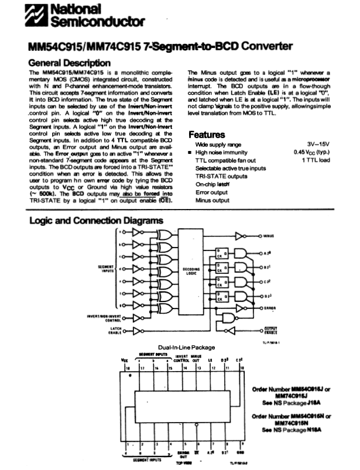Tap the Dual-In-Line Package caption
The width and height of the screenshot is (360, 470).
pos(183,348)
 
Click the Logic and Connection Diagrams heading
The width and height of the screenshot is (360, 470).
pos(96,221)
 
